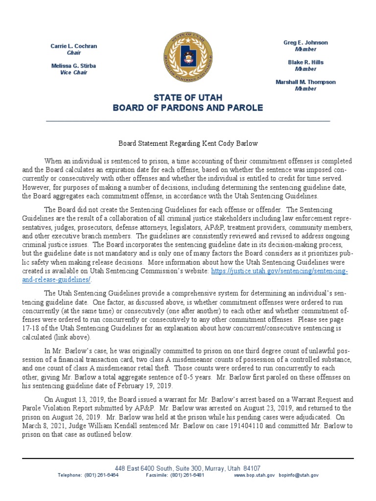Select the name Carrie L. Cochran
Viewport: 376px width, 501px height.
74,46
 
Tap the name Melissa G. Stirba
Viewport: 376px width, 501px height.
74,66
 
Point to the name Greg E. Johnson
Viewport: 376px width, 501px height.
305,43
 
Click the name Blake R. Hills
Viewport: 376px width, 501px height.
305,63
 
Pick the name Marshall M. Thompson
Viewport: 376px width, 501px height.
305,82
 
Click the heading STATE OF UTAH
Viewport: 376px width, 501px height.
188,98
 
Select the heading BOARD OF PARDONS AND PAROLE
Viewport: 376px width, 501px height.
188,108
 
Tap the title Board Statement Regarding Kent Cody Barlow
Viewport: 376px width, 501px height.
188,143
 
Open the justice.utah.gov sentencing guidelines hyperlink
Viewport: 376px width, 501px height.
279,271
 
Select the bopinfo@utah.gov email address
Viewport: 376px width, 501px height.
299,475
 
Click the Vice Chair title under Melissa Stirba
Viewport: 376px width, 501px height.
74,72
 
